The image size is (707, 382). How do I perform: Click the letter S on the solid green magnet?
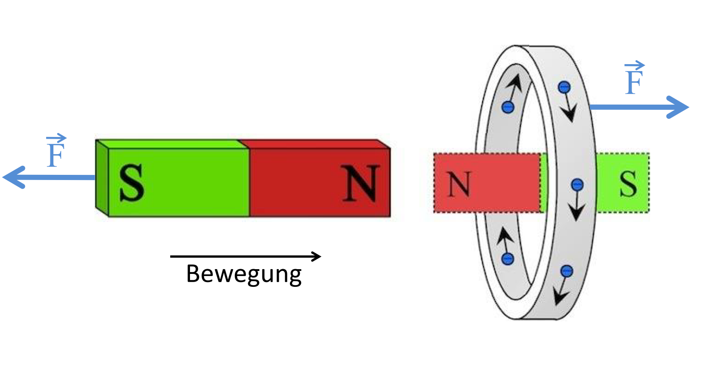click(132, 183)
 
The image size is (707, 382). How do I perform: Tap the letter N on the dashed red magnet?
click(460, 184)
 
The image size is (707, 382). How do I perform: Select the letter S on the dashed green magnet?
click(628, 184)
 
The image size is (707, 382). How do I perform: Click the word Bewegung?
click(244, 274)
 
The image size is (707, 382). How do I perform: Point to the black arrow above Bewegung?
click(246, 256)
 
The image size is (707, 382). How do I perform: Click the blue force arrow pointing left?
click(49, 177)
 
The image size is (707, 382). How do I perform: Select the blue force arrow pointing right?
click(639, 107)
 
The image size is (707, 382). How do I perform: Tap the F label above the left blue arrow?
click(56, 151)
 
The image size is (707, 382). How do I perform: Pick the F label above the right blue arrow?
click(634, 78)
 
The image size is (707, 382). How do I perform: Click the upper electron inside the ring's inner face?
click(508, 107)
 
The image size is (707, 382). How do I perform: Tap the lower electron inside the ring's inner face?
click(508, 259)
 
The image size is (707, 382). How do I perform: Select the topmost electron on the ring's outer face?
click(564, 87)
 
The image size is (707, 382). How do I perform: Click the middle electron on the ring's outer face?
click(577, 185)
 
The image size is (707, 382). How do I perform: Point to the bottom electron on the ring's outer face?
click(567, 271)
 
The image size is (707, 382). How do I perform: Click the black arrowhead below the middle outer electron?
click(576, 212)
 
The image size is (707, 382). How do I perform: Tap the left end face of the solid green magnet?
click(102, 178)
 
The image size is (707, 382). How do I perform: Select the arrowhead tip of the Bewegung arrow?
click(321, 256)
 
